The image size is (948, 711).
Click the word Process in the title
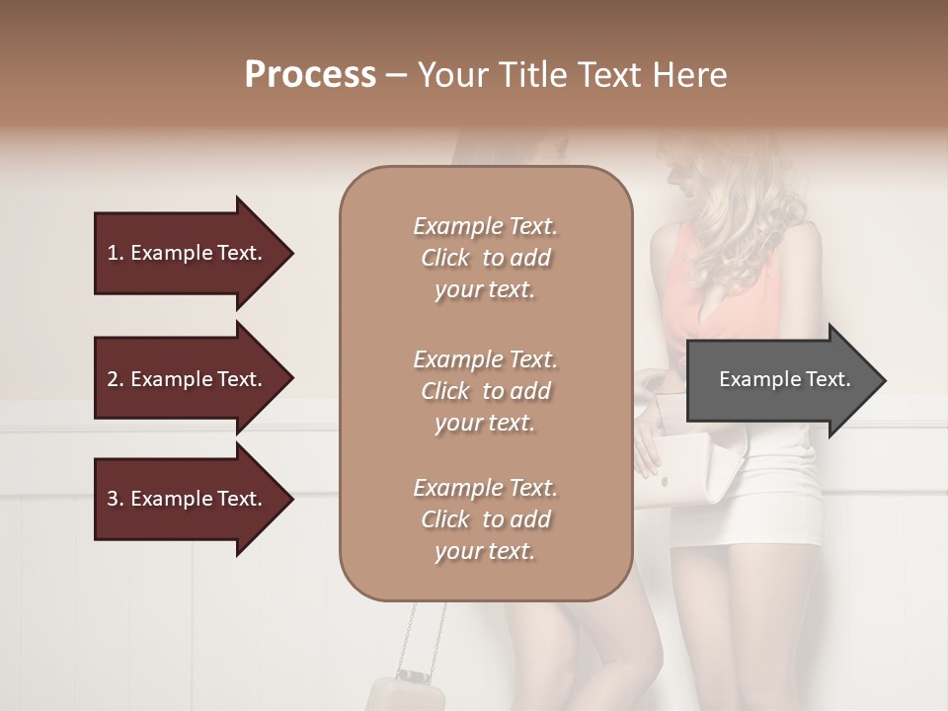(310, 75)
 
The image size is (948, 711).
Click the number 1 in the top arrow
(113, 253)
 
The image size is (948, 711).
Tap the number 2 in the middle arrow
(113, 379)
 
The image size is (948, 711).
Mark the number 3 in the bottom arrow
(113, 499)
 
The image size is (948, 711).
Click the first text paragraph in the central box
(485, 258)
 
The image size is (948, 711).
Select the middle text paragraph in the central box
(485, 390)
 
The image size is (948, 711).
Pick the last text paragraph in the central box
(485, 519)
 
